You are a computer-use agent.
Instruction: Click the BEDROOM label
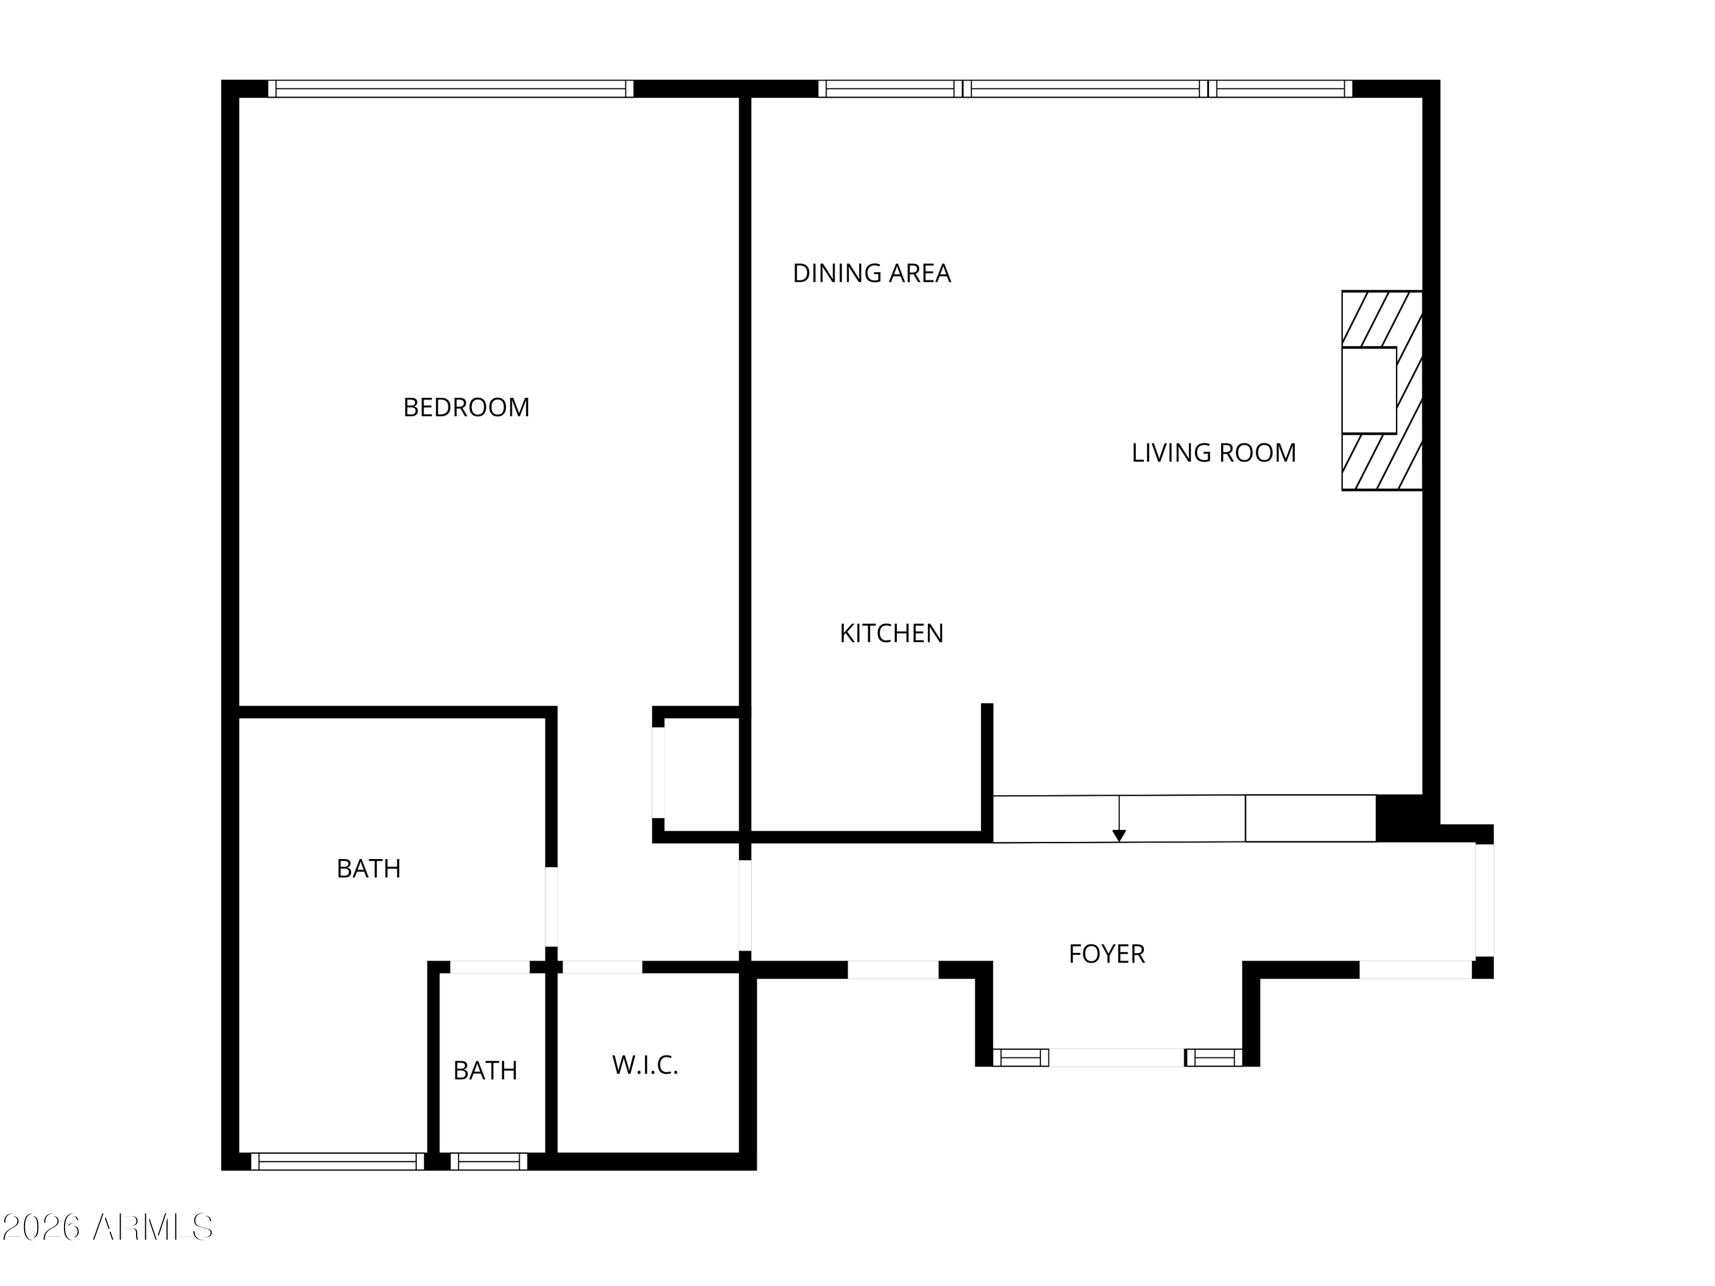(466, 408)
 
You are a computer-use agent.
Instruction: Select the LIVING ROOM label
(1214, 453)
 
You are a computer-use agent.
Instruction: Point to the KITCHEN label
(892, 634)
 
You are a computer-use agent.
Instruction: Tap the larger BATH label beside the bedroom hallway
(368, 869)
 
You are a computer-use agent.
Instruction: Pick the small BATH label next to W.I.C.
(485, 1071)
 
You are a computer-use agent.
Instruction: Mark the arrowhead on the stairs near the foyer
(1119, 836)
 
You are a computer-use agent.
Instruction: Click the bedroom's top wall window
(450, 89)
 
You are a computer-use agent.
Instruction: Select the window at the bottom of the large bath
(337, 1161)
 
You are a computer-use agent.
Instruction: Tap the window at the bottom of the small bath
(488, 1161)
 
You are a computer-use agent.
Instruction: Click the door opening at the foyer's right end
(1484, 900)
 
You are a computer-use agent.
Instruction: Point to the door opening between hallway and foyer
(744, 905)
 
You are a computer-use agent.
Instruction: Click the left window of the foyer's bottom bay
(1020, 1057)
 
